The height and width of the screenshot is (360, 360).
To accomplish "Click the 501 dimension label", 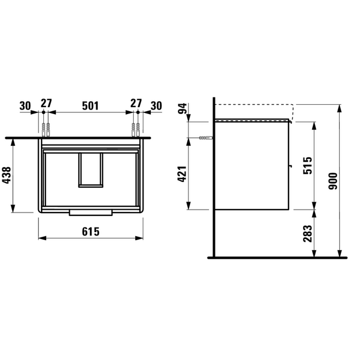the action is point(90,105).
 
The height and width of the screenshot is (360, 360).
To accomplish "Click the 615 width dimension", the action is point(90,232).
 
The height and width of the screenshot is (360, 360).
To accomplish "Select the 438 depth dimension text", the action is point(7,175).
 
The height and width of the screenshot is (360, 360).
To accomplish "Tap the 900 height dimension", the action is point(334,181).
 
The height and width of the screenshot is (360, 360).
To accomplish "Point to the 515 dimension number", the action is point(308,165).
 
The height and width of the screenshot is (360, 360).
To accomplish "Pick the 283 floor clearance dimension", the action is point(308,233).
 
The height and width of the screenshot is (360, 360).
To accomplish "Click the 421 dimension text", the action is point(183,173).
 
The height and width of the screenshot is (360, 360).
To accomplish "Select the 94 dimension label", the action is point(183,109).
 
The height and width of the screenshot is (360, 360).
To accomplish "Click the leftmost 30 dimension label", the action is point(25,106).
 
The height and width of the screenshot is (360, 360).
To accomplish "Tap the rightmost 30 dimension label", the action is point(156,106).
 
